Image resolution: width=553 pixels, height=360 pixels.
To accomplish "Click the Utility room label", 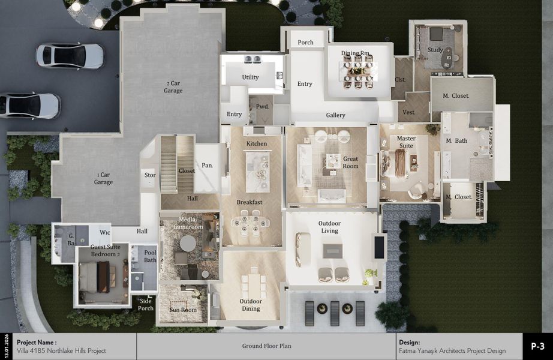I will [x=250, y=77].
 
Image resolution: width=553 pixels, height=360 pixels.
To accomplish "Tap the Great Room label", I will [x=350, y=163].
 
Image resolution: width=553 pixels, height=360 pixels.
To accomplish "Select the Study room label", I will [x=435, y=50].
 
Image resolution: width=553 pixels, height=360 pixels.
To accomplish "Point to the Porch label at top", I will [x=305, y=43].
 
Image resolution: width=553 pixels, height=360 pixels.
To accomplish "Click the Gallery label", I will [x=335, y=115].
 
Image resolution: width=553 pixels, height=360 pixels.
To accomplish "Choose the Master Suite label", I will [x=406, y=143].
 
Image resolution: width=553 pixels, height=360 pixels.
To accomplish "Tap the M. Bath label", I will [x=456, y=141].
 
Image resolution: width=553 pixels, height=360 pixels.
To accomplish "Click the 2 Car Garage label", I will [x=173, y=87].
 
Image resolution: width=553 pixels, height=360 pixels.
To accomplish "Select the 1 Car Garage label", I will [x=103, y=178].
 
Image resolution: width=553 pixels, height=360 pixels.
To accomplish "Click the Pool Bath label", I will [x=150, y=256].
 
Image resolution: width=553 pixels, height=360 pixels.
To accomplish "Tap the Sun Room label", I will [x=182, y=310].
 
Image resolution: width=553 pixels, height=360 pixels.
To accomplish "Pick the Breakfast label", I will [x=249, y=202].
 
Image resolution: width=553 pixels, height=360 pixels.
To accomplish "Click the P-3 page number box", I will [x=537, y=346].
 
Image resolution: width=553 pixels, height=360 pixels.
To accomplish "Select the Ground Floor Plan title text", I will [x=266, y=346].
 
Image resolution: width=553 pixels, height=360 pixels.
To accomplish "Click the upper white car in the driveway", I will [x=70, y=56].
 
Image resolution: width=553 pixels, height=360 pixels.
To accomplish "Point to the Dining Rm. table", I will [x=357, y=71].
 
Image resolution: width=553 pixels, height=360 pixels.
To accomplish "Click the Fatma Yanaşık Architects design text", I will [x=452, y=351].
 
